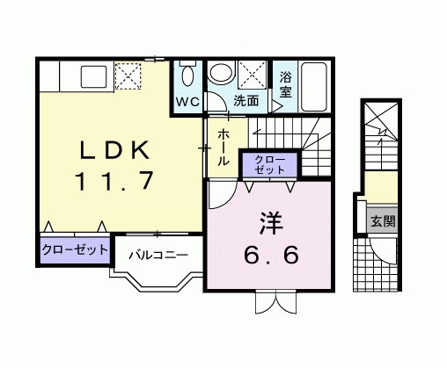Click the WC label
tap(187, 100)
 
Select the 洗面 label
tap(246, 100)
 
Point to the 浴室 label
tap(286, 84)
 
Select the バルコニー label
tap(158, 255)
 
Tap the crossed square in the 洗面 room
tap(253, 73)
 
